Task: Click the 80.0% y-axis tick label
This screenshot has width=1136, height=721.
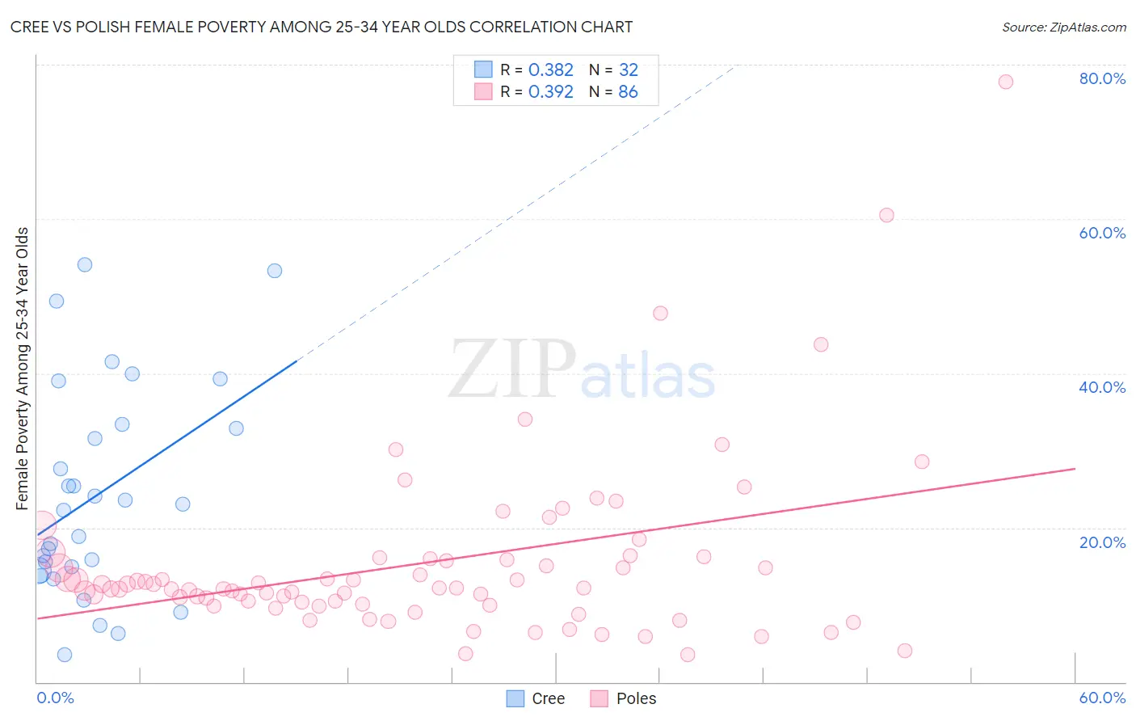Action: (x=1102, y=78)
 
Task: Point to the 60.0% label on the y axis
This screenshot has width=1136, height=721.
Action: (x=1102, y=233)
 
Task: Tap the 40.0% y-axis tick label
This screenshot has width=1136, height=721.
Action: (x=1102, y=387)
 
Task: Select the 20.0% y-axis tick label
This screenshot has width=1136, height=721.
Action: (x=1102, y=542)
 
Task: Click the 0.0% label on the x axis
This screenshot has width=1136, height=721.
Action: (x=55, y=698)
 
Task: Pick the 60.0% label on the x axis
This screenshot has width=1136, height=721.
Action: (x=1102, y=698)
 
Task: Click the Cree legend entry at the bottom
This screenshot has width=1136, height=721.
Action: (x=536, y=698)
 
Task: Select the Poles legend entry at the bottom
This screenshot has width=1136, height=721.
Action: (x=623, y=698)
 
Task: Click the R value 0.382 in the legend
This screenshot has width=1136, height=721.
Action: (x=550, y=70)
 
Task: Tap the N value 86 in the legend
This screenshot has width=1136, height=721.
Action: (x=628, y=92)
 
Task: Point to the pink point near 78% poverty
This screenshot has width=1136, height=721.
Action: (x=1006, y=82)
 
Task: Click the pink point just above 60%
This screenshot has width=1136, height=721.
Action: (x=886, y=215)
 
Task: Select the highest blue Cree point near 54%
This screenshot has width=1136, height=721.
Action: (x=85, y=264)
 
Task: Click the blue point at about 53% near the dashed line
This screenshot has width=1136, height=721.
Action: (x=275, y=271)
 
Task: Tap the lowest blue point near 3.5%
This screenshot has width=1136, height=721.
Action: (x=65, y=655)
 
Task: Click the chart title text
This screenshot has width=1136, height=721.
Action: (x=321, y=27)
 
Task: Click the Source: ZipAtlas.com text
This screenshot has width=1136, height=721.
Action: (x=1063, y=27)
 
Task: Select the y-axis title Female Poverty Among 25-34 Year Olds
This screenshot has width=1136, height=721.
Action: (x=23, y=369)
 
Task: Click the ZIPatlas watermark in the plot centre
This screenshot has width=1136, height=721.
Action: (x=582, y=370)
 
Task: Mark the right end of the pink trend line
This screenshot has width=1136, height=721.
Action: (x=1075, y=468)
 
